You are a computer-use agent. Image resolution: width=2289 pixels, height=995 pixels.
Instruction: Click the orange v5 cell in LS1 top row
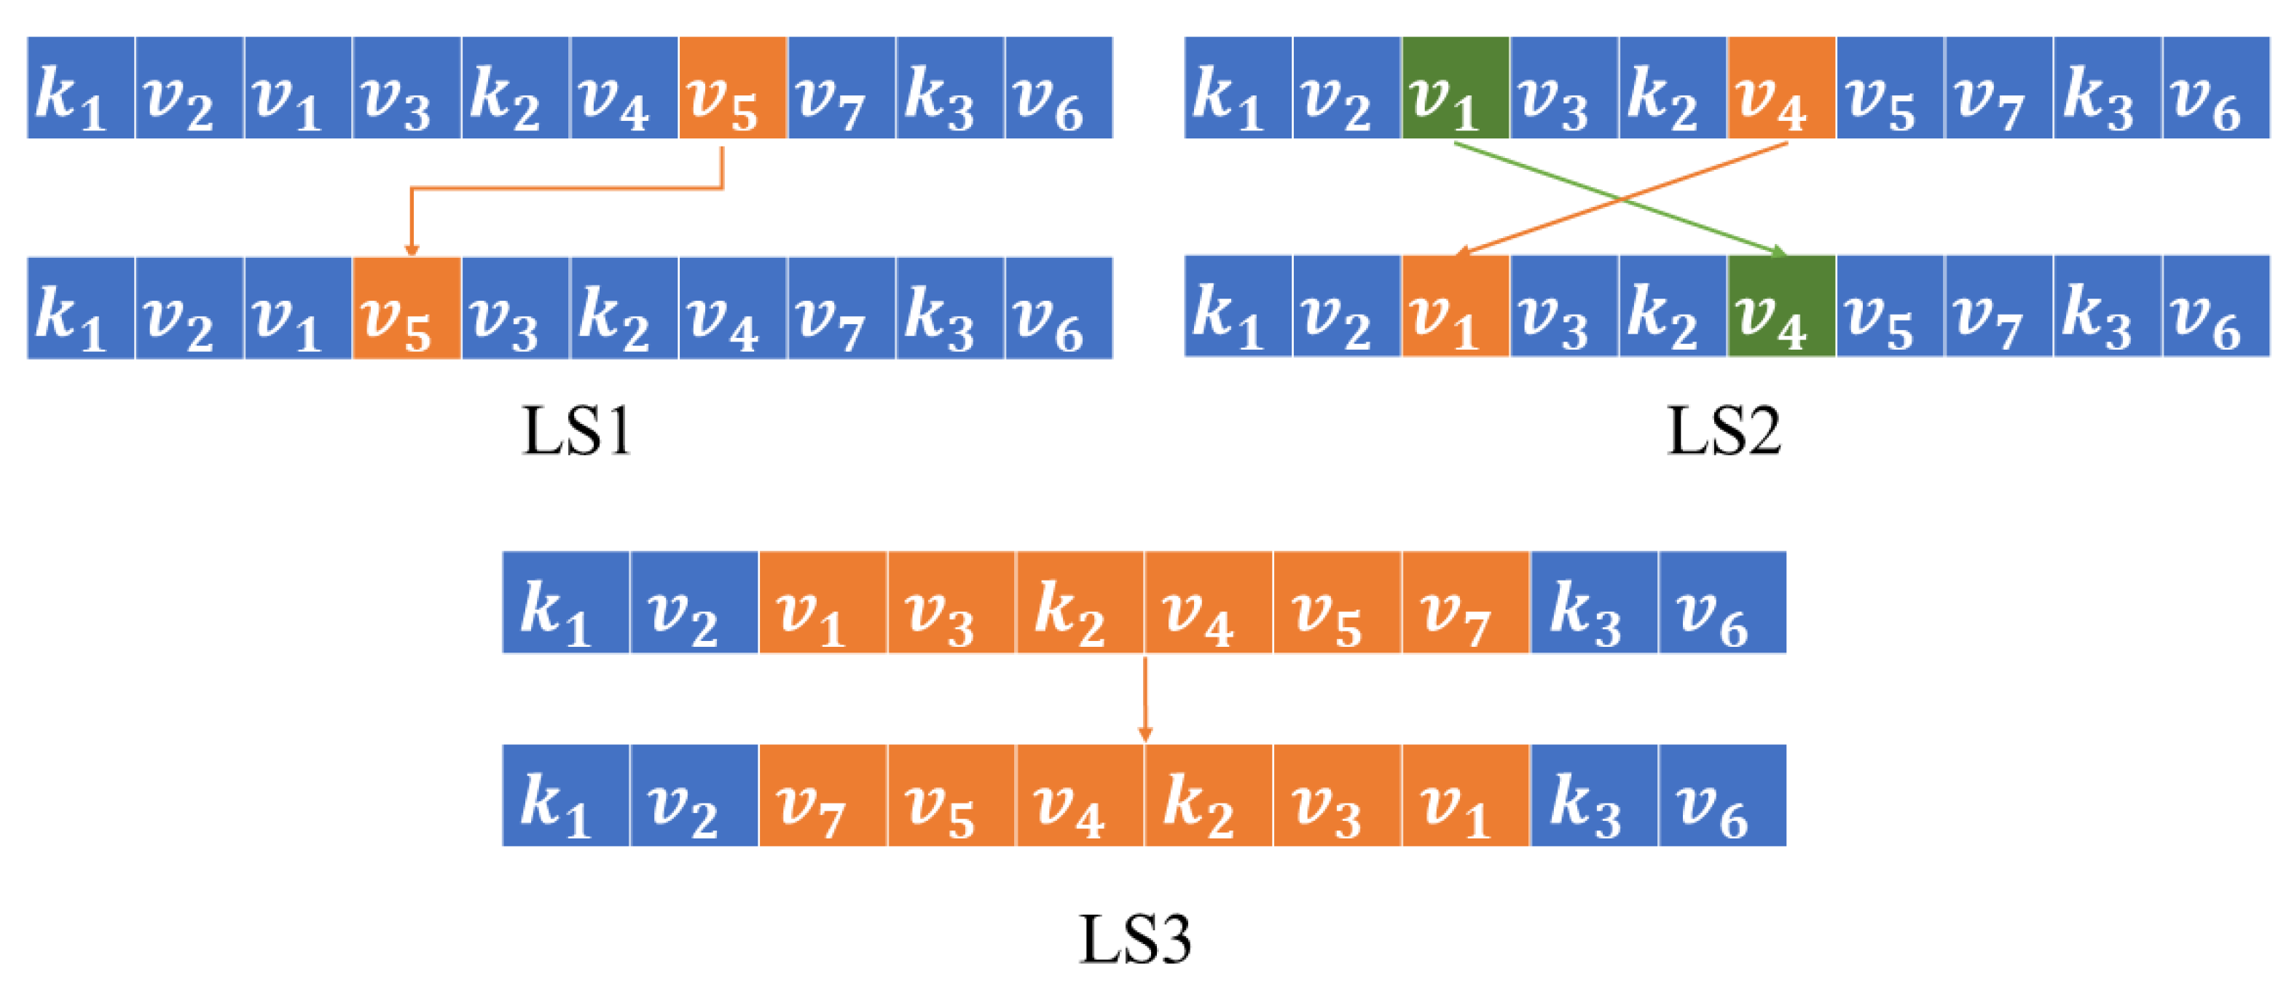732,88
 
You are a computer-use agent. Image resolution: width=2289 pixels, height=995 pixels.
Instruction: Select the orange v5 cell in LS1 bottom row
406,308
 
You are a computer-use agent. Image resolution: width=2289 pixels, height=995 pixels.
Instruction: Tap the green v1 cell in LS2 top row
1455,88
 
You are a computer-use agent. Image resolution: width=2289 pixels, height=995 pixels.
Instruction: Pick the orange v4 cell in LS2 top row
1780,88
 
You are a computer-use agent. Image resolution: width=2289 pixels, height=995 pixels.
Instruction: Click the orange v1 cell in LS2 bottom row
1455,307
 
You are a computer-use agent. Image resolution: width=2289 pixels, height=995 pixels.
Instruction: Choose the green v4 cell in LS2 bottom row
1780,307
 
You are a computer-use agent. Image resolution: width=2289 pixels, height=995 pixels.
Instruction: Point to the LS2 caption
1723,432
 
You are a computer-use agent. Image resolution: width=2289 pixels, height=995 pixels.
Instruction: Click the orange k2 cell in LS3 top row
1080,603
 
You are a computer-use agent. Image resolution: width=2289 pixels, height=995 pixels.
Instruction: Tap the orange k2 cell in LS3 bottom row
1209,796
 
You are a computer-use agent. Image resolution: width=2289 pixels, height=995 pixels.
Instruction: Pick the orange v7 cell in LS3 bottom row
822,796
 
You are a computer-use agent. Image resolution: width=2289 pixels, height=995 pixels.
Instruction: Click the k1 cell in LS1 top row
81,88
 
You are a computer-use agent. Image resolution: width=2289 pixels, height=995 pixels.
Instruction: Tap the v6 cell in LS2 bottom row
2215,307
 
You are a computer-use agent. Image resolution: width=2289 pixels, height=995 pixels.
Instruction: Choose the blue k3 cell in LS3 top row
1593,603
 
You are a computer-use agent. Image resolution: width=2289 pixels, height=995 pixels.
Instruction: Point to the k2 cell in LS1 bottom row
624,308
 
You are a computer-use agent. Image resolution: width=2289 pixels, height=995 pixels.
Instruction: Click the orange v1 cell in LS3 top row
822,603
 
